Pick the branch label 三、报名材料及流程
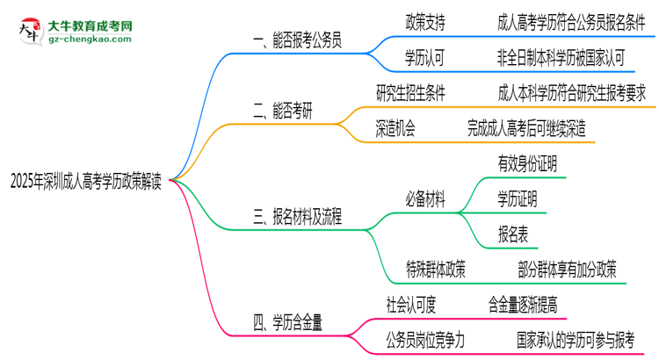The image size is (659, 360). [x=297, y=217]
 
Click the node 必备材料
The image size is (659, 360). [x=425, y=199]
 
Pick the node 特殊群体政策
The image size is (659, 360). [x=436, y=270]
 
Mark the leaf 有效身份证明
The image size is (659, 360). [x=526, y=163]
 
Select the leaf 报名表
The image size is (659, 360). [x=513, y=234]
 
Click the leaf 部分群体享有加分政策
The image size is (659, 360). [x=568, y=270]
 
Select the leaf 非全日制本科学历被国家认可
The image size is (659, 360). [x=561, y=58]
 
